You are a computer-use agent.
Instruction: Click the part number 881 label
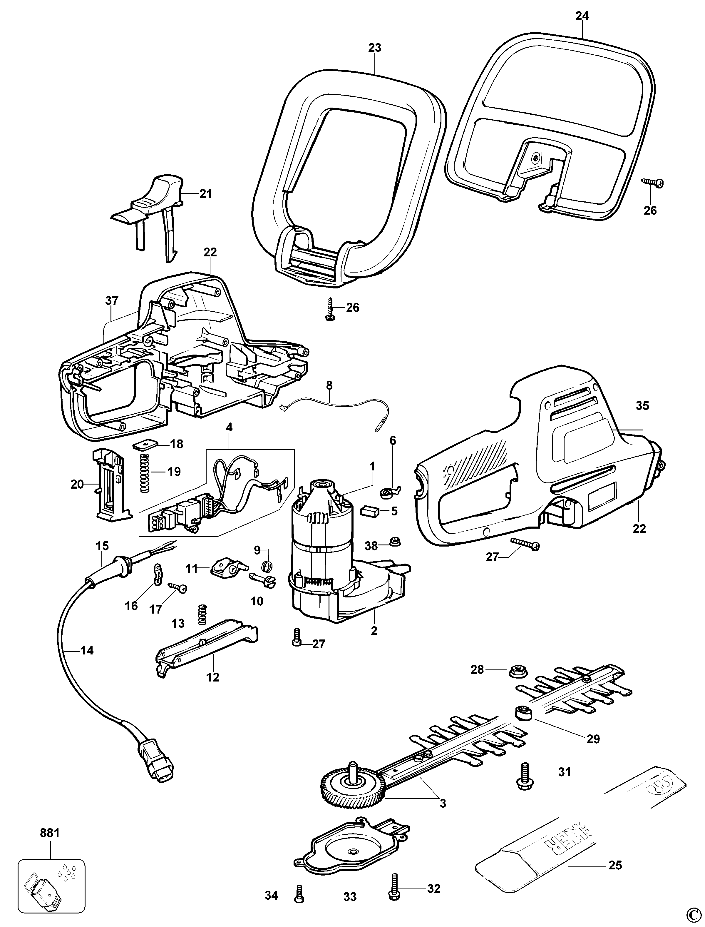point(50,833)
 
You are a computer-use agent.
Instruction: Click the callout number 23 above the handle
point(374,48)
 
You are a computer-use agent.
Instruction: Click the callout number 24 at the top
point(582,16)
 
